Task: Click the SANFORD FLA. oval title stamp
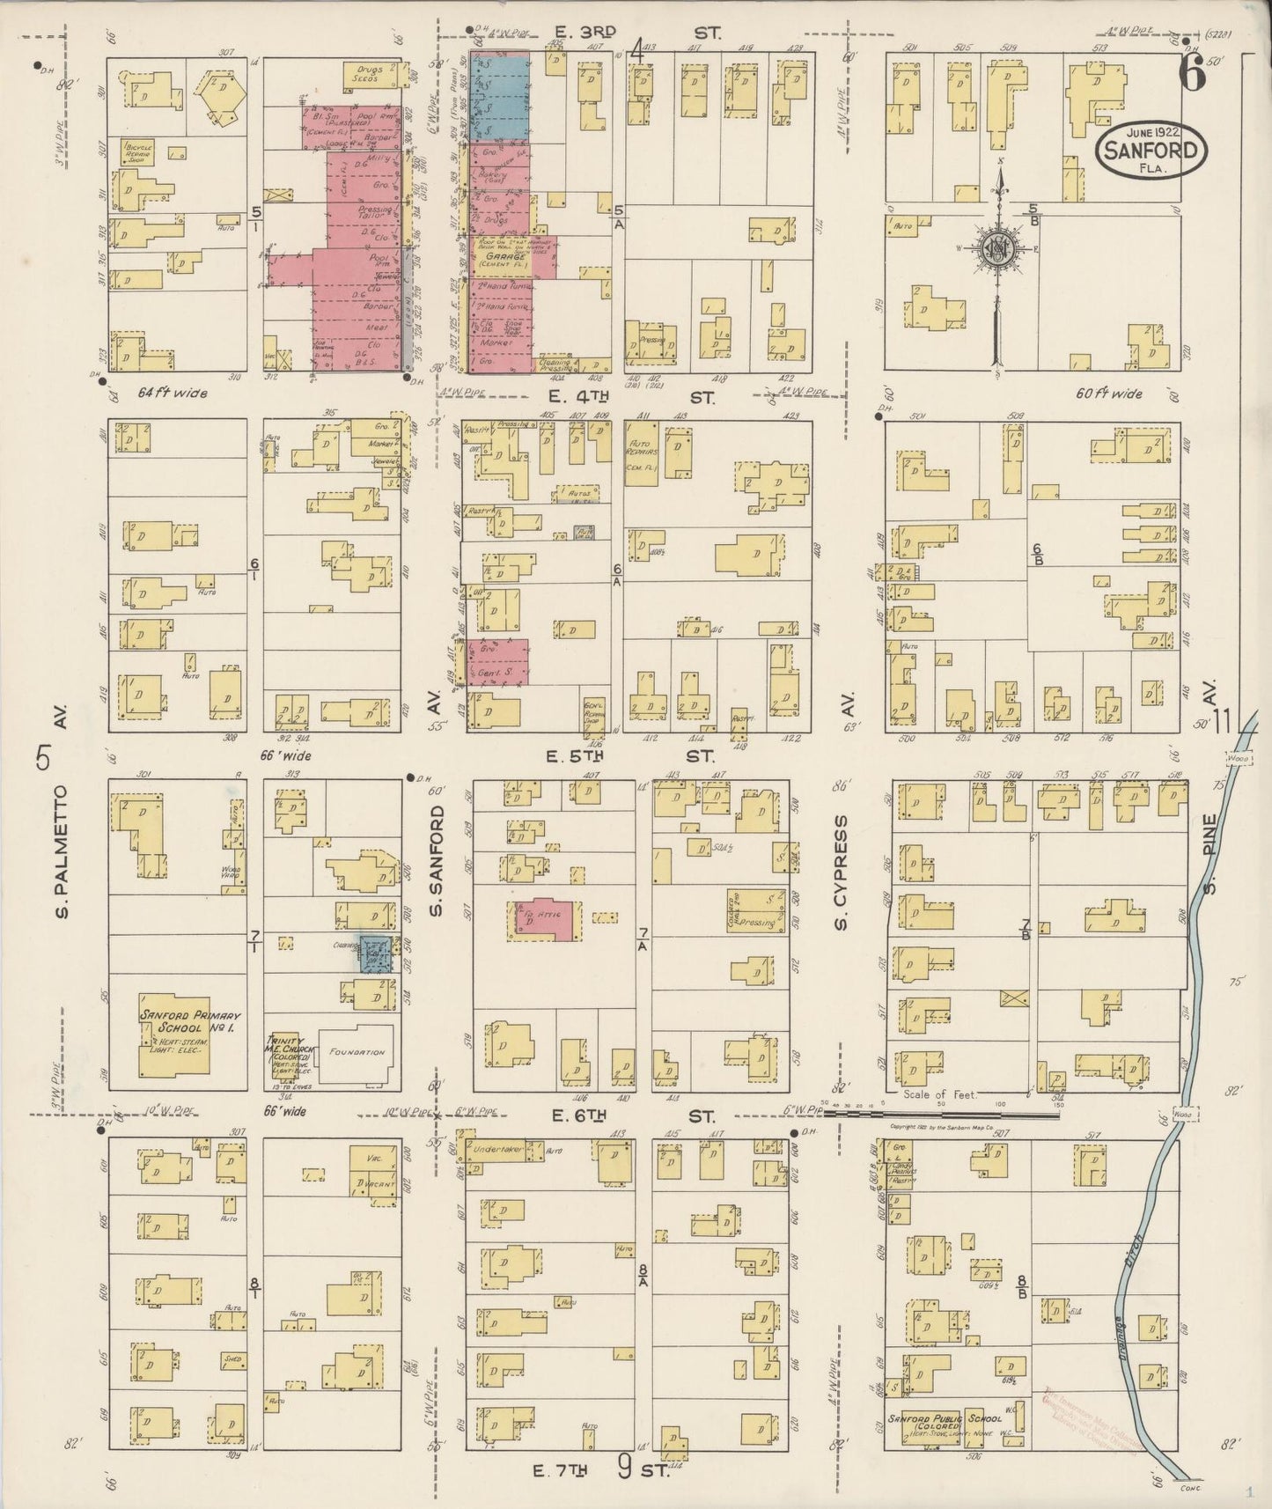click(1151, 149)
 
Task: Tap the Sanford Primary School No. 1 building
click(174, 1034)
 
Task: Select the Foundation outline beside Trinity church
click(357, 1052)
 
